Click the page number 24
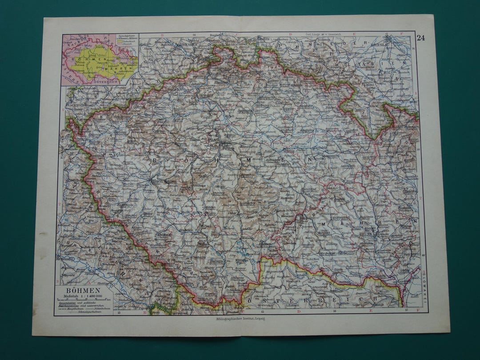[420, 38]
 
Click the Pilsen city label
[158, 182]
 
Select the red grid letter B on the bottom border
[145, 313]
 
